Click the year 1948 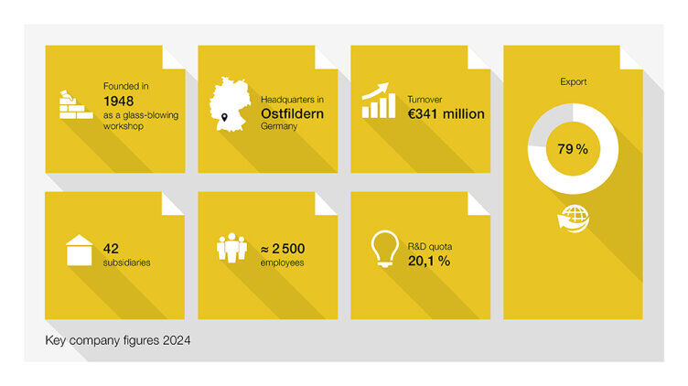click(x=119, y=100)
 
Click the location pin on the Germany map click(x=224, y=117)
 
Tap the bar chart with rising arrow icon click(x=379, y=102)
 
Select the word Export click(x=573, y=82)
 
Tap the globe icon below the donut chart click(x=574, y=219)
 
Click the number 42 click(x=113, y=248)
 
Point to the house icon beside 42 click(x=79, y=251)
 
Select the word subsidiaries click(x=127, y=263)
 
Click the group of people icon click(x=231, y=249)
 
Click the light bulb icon click(x=382, y=249)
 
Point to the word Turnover click(x=424, y=99)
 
